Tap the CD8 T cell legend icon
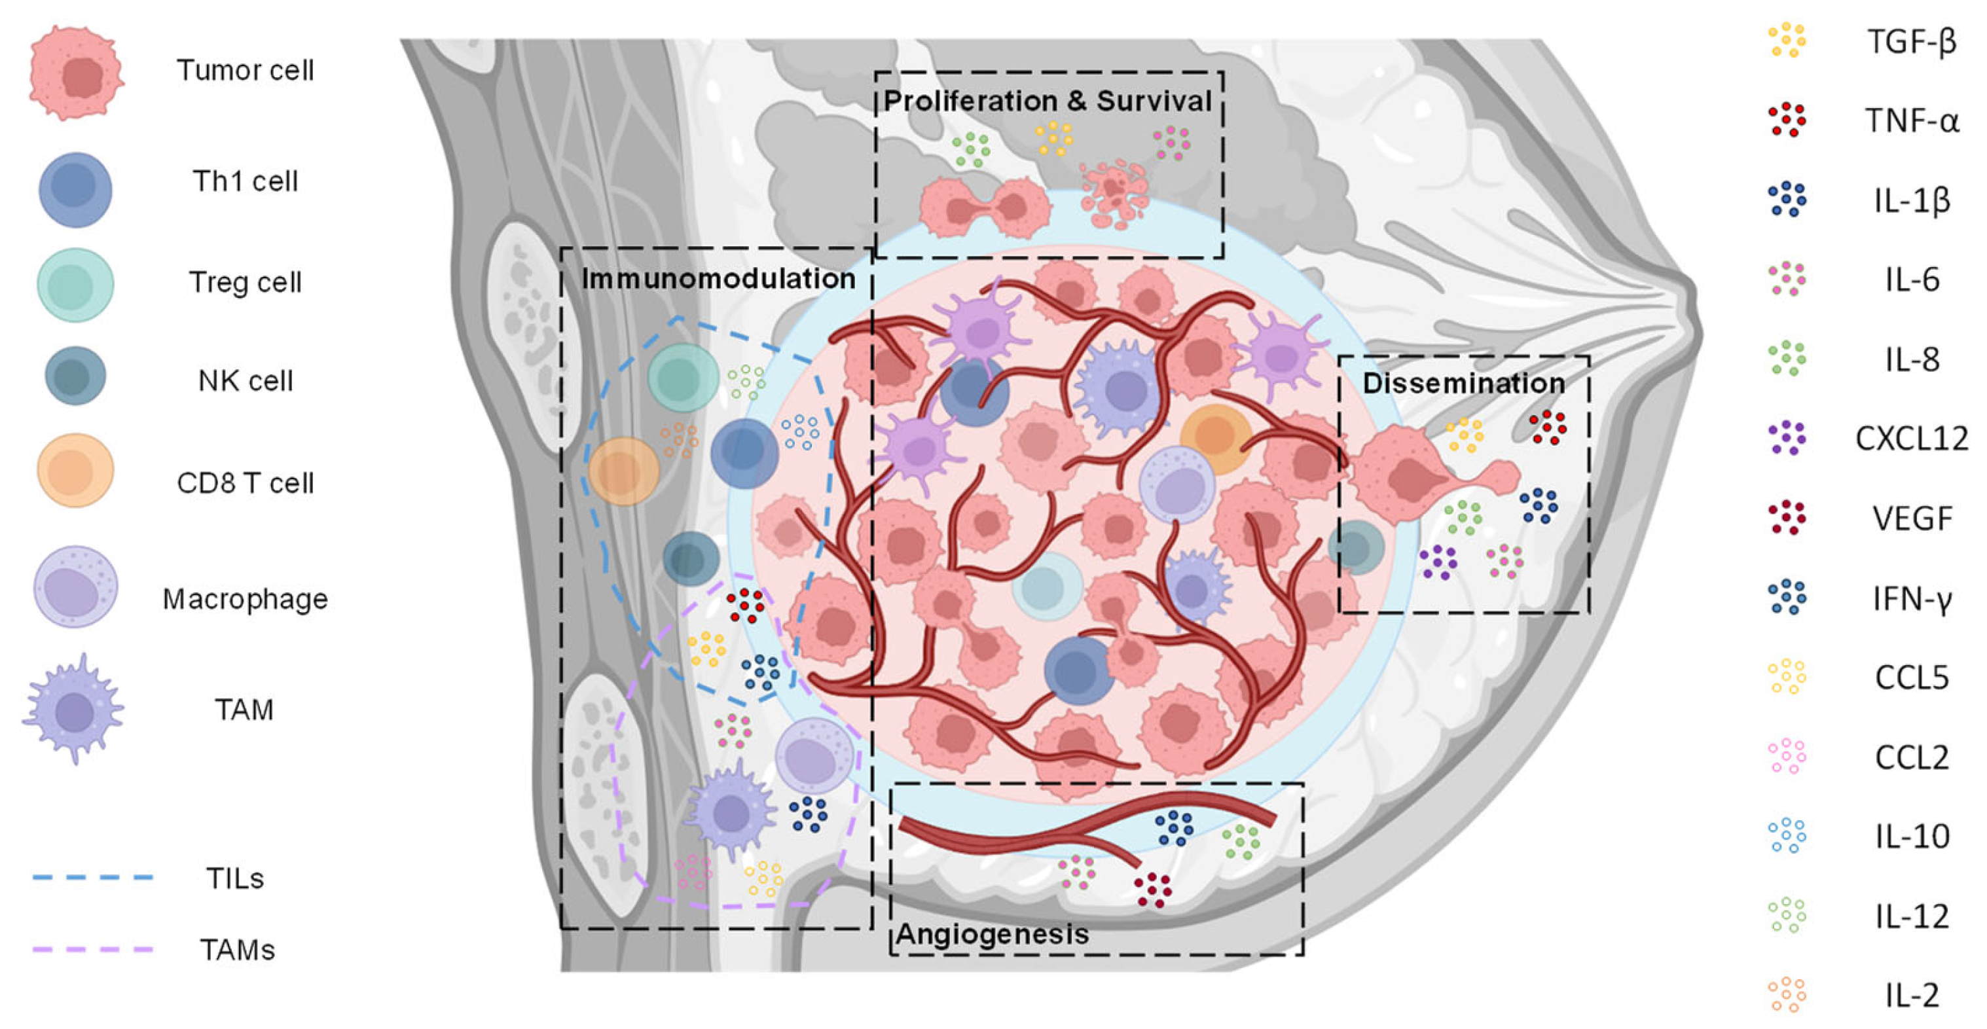pyautogui.click(x=75, y=470)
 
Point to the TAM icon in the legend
pyautogui.click(x=74, y=708)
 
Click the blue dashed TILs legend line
pyautogui.click(x=92, y=877)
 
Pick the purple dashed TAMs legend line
pyautogui.click(x=92, y=948)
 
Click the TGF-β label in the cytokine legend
pyautogui.click(x=1912, y=41)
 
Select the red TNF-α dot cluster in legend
pyautogui.click(x=1787, y=120)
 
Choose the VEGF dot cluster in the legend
pyautogui.click(x=1787, y=518)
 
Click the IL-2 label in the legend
pyautogui.click(x=1912, y=995)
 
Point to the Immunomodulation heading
pyautogui.click(x=718, y=278)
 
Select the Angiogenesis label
pyautogui.click(x=992, y=934)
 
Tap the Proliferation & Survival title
pyautogui.click(x=1047, y=101)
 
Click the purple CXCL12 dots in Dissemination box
pyautogui.click(x=1438, y=562)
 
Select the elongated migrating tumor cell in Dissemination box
pyautogui.click(x=1419, y=478)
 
